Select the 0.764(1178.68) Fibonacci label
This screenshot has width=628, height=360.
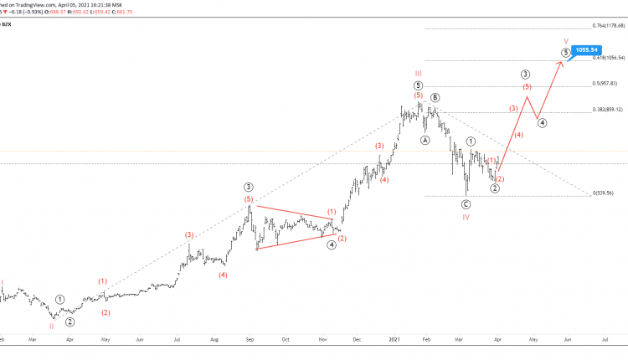(610, 26)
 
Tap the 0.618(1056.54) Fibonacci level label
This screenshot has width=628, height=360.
(609, 58)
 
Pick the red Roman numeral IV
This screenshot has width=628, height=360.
(466, 217)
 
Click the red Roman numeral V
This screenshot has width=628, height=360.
(566, 39)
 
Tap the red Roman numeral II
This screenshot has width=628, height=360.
(51, 327)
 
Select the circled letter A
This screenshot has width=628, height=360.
(425, 140)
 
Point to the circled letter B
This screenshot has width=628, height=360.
(435, 98)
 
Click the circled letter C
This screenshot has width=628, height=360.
(466, 204)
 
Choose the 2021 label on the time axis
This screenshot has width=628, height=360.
(395, 341)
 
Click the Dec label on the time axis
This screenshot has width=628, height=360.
(357, 341)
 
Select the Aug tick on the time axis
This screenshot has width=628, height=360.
(215, 341)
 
